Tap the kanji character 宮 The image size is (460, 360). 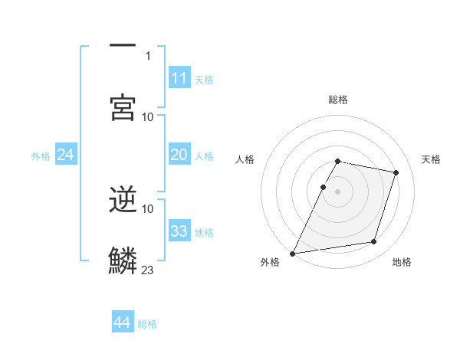click(123, 107)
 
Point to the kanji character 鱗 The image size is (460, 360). click(123, 260)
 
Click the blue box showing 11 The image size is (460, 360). click(179, 77)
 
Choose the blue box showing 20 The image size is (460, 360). click(179, 155)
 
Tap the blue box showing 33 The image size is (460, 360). click(179, 231)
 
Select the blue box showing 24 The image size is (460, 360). click(65, 155)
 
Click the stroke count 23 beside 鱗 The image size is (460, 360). click(148, 270)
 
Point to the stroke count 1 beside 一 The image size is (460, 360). click(148, 55)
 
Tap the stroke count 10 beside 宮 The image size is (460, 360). click(148, 116)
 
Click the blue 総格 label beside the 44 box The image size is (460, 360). click(147, 324)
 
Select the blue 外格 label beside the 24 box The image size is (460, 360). click(41, 156)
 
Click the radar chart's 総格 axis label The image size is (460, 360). click(338, 100)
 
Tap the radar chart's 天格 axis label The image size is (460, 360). click(431, 159)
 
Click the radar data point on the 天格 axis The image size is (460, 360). click(396, 172)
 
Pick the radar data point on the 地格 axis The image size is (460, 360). click(374, 242)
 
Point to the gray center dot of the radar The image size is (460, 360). click(338, 191)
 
